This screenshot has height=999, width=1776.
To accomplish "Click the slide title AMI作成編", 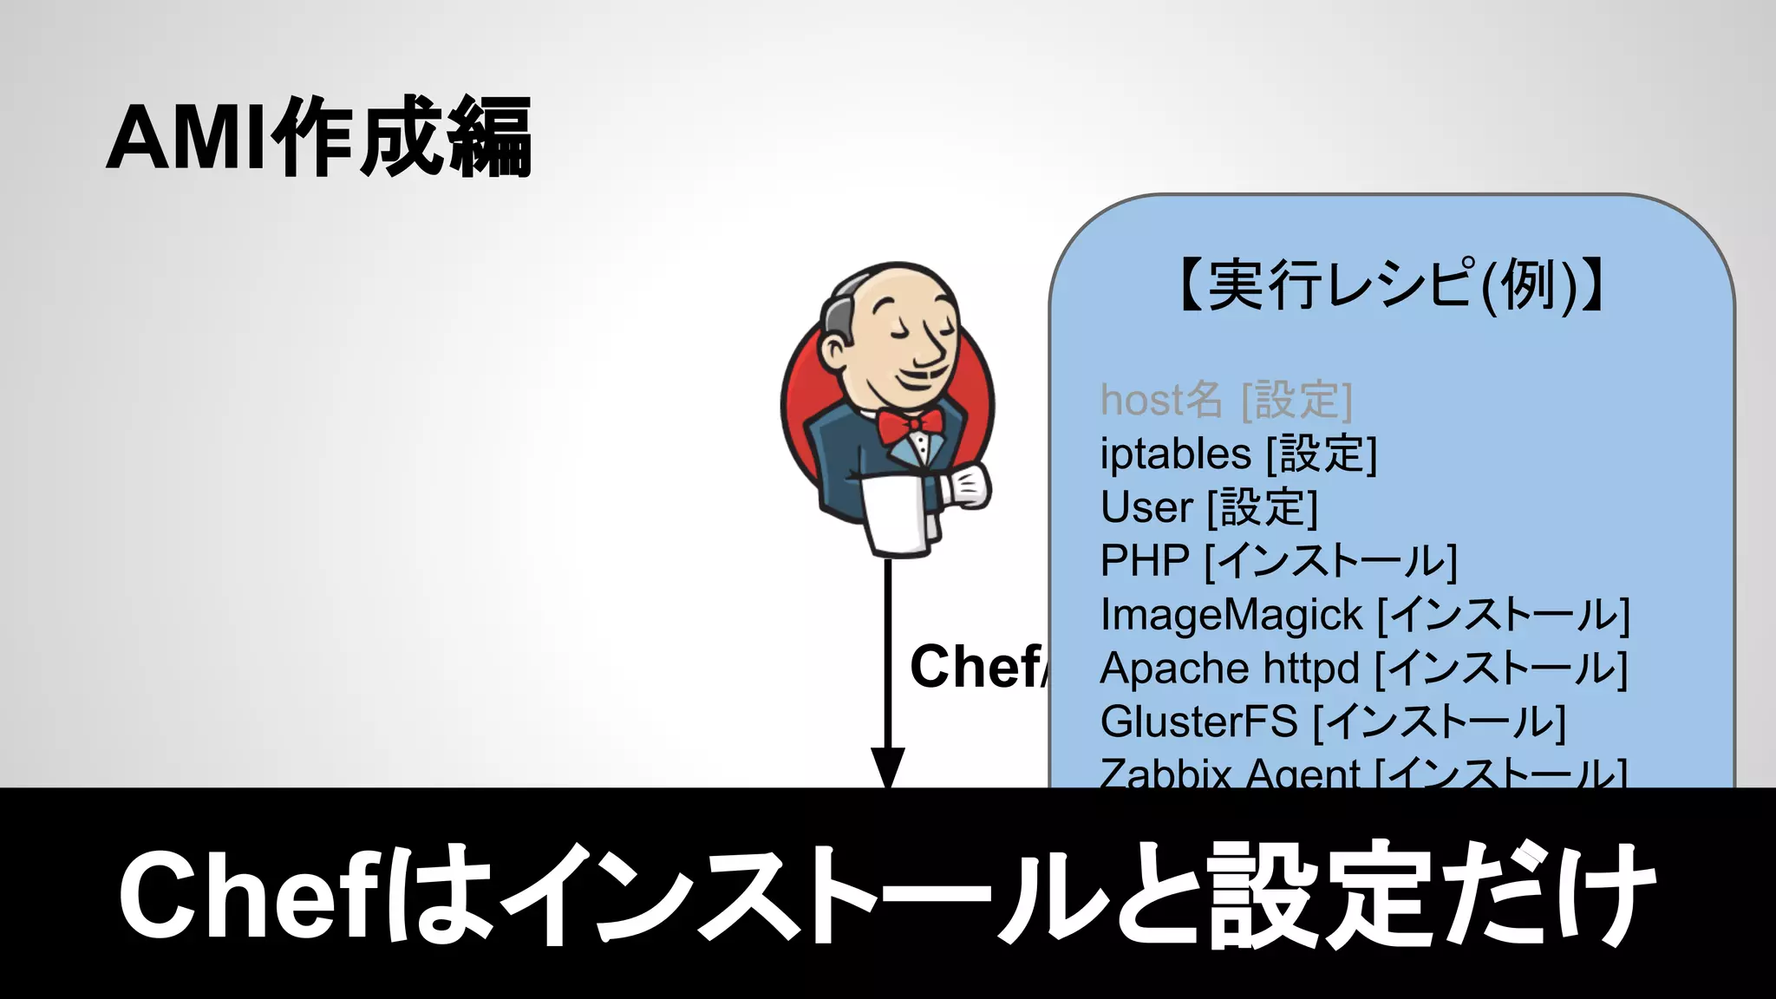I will (x=319, y=137).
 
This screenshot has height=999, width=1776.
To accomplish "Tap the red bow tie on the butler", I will (x=910, y=425).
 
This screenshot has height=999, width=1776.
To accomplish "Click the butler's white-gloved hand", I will (x=965, y=486).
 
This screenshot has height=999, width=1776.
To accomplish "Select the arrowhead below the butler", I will (x=887, y=767).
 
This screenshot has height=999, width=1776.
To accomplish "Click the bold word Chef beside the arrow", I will (x=976, y=667).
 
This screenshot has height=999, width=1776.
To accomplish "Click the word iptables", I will (x=1175, y=454).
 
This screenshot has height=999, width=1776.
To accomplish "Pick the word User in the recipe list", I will (x=1146, y=507).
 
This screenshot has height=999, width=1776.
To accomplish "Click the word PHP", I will (x=1144, y=561).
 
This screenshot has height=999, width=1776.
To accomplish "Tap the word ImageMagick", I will (x=1231, y=616).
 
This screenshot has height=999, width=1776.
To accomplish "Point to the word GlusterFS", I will (x=1198, y=721).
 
